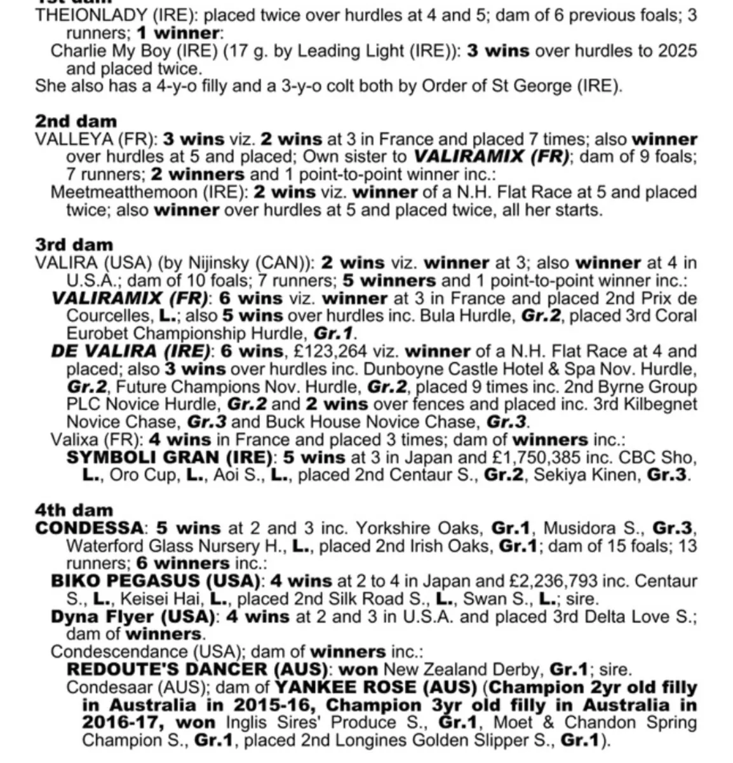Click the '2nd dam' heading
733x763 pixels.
pos(76,121)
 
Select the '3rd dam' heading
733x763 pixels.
pos(74,245)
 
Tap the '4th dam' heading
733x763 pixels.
pos(74,510)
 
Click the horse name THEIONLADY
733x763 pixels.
pos(85,15)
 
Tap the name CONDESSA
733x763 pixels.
pos(89,528)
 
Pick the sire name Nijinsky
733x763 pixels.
pos(210,263)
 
